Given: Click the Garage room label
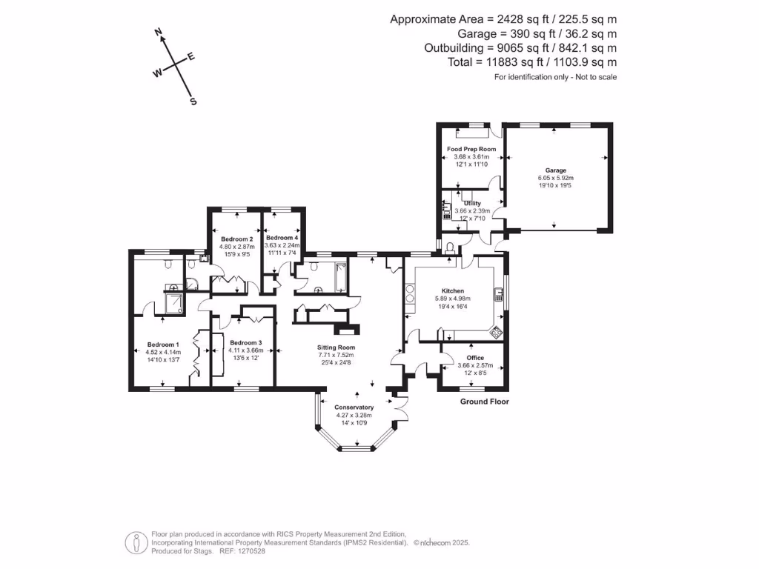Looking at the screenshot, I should pyautogui.click(x=556, y=170).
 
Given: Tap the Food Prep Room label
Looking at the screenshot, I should pyautogui.click(x=471, y=149).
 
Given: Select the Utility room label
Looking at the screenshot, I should pyautogui.click(x=472, y=203).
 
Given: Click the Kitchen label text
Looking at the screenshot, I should pyautogui.click(x=453, y=291).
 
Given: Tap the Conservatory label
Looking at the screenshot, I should pyautogui.click(x=354, y=407).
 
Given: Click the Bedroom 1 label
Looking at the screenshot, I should pyautogui.click(x=163, y=345).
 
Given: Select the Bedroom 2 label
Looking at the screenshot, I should pyautogui.click(x=237, y=239).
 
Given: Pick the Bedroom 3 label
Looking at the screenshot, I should pyautogui.click(x=246, y=343).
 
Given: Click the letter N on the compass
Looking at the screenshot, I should pyautogui.click(x=158, y=32).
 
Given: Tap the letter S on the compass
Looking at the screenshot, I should pyautogui.click(x=193, y=102).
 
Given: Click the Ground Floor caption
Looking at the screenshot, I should pyautogui.click(x=485, y=402).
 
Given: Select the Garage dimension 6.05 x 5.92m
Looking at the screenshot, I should pyautogui.click(x=556, y=178).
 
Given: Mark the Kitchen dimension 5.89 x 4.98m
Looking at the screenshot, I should pyautogui.click(x=453, y=299).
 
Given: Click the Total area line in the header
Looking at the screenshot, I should pyautogui.click(x=532, y=63).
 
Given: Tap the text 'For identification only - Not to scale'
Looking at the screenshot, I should pyautogui.click(x=555, y=77).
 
